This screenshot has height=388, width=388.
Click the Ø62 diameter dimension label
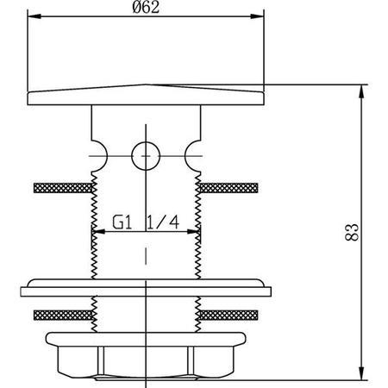click(x=145, y=8)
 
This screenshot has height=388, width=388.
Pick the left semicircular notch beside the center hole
click(x=100, y=154)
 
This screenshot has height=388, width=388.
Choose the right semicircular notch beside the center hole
click(x=191, y=154)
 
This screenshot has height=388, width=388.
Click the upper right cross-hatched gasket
click(x=228, y=186)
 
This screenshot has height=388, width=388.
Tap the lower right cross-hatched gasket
click(x=228, y=314)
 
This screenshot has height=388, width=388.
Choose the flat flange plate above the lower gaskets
click(x=145, y=285)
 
